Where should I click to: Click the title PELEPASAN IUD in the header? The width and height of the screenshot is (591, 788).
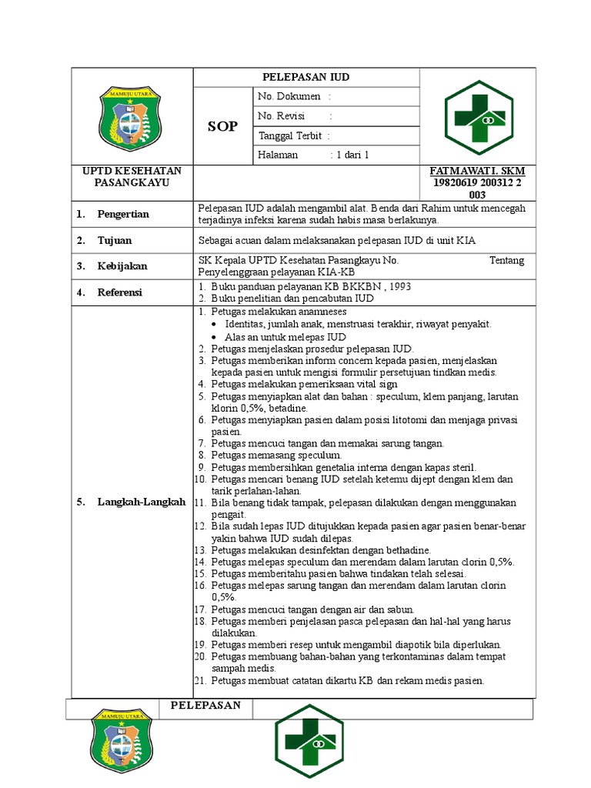306,78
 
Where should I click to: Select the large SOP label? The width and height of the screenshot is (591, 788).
222,126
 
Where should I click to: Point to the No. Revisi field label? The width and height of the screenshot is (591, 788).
282,115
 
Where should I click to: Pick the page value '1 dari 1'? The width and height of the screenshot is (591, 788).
351,155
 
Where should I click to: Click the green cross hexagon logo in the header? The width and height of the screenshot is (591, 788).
478,117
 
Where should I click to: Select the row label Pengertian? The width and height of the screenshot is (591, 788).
123,214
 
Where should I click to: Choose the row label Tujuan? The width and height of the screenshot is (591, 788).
115,240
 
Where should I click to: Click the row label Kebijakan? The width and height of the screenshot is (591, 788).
122,265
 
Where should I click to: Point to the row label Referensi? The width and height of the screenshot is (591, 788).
120,292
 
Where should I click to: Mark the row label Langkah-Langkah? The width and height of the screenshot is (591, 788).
142,502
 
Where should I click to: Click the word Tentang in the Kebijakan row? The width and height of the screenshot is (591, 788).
506,260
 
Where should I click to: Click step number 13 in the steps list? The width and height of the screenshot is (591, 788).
199,550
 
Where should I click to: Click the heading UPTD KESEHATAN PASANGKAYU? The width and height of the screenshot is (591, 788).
132,176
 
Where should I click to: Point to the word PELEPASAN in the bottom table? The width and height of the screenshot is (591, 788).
205,705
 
